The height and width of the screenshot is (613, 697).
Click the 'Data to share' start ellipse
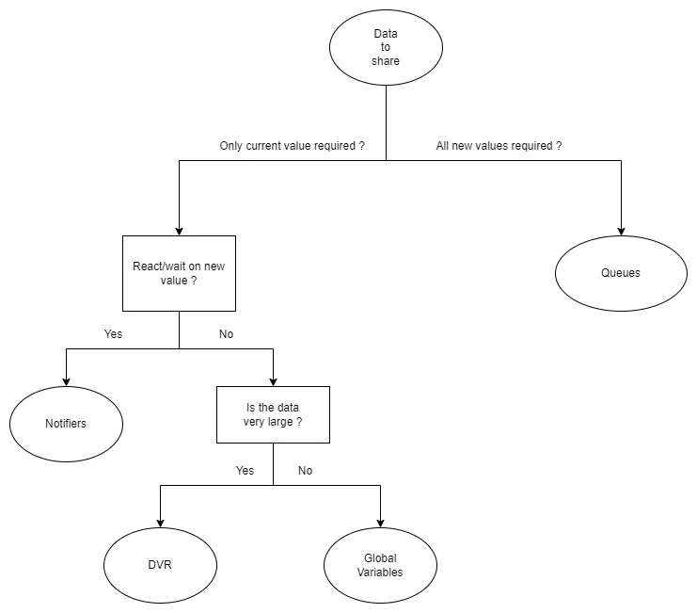tap(386, 47)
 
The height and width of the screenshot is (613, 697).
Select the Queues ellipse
tap(620, 273)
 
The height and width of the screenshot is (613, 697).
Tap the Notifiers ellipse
tap(66, 424)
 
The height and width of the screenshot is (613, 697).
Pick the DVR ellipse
tap(160, 565)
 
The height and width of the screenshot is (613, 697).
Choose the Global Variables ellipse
tap(380, 565)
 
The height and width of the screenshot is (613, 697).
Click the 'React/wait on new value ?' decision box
tap(179, 273)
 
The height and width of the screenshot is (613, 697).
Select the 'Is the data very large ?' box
tap(273, 414)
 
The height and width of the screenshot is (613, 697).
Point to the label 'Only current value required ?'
tap(292, 146)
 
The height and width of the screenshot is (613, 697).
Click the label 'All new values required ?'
tap(499, 146)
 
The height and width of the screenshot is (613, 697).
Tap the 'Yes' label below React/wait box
tap(113, 334)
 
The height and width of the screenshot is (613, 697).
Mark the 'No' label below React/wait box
tap(226, 334)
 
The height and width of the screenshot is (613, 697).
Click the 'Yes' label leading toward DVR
tap(245, 471)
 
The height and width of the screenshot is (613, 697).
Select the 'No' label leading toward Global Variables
tap(305, 471)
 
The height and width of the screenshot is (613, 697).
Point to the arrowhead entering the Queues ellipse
tap(620, 230)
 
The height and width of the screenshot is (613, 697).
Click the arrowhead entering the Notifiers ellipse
tap(66, 380)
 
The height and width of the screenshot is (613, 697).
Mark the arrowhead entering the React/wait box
tap(179, 230)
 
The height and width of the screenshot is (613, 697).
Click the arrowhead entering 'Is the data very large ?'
tap(273, 380)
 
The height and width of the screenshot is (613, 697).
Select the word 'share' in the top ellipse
tap(386, 61)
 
